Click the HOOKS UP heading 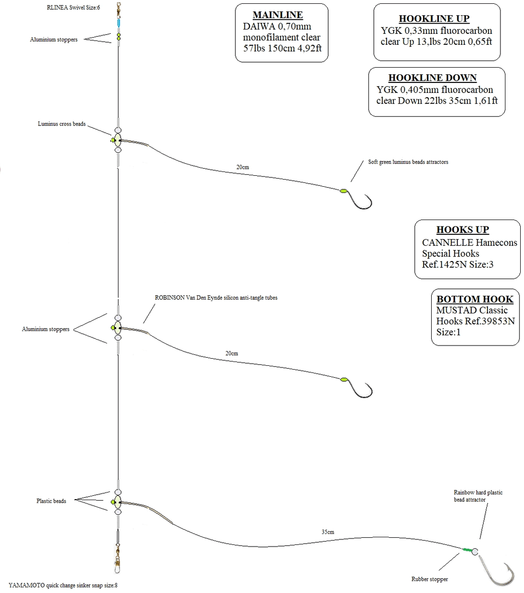(462, 230)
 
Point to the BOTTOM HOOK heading (474, 299)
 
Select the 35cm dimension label (327, 531)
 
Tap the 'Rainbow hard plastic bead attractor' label (478, 496)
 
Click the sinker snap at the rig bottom (118, 562)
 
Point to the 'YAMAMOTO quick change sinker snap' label (63, 585)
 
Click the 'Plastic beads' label (51, 501)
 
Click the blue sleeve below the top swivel (118, 24)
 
